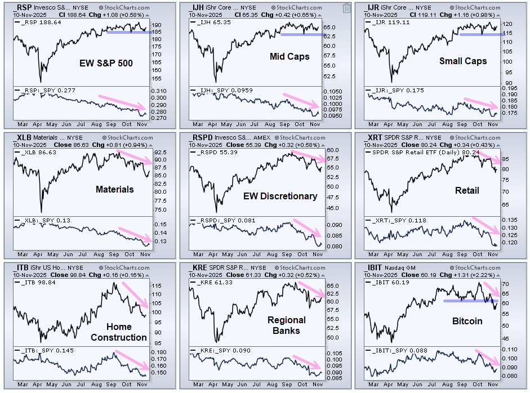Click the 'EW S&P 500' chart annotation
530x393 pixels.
click(x=106, y=63)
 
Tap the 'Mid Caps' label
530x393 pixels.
click(x=290, y=56)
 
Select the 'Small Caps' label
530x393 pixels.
click(x=463, y=61)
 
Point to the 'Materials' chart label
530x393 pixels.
click(x=114, y=189)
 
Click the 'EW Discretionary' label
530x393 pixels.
click(x=280, y=196)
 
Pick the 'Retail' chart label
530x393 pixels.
click(x=467, y=190)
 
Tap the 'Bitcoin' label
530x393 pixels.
click(x=467, y=321)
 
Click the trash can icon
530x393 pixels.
click(x=346, y=8)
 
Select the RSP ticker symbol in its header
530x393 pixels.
click(x=24, y=7)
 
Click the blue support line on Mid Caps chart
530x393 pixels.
click(x=303, y=34)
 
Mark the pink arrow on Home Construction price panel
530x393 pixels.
click(x=135, y=294)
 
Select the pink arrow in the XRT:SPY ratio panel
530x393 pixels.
click(x=486, y=225)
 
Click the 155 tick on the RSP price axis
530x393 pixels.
click(x=157, y=79)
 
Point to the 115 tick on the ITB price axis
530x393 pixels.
click(x=157, y=286)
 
